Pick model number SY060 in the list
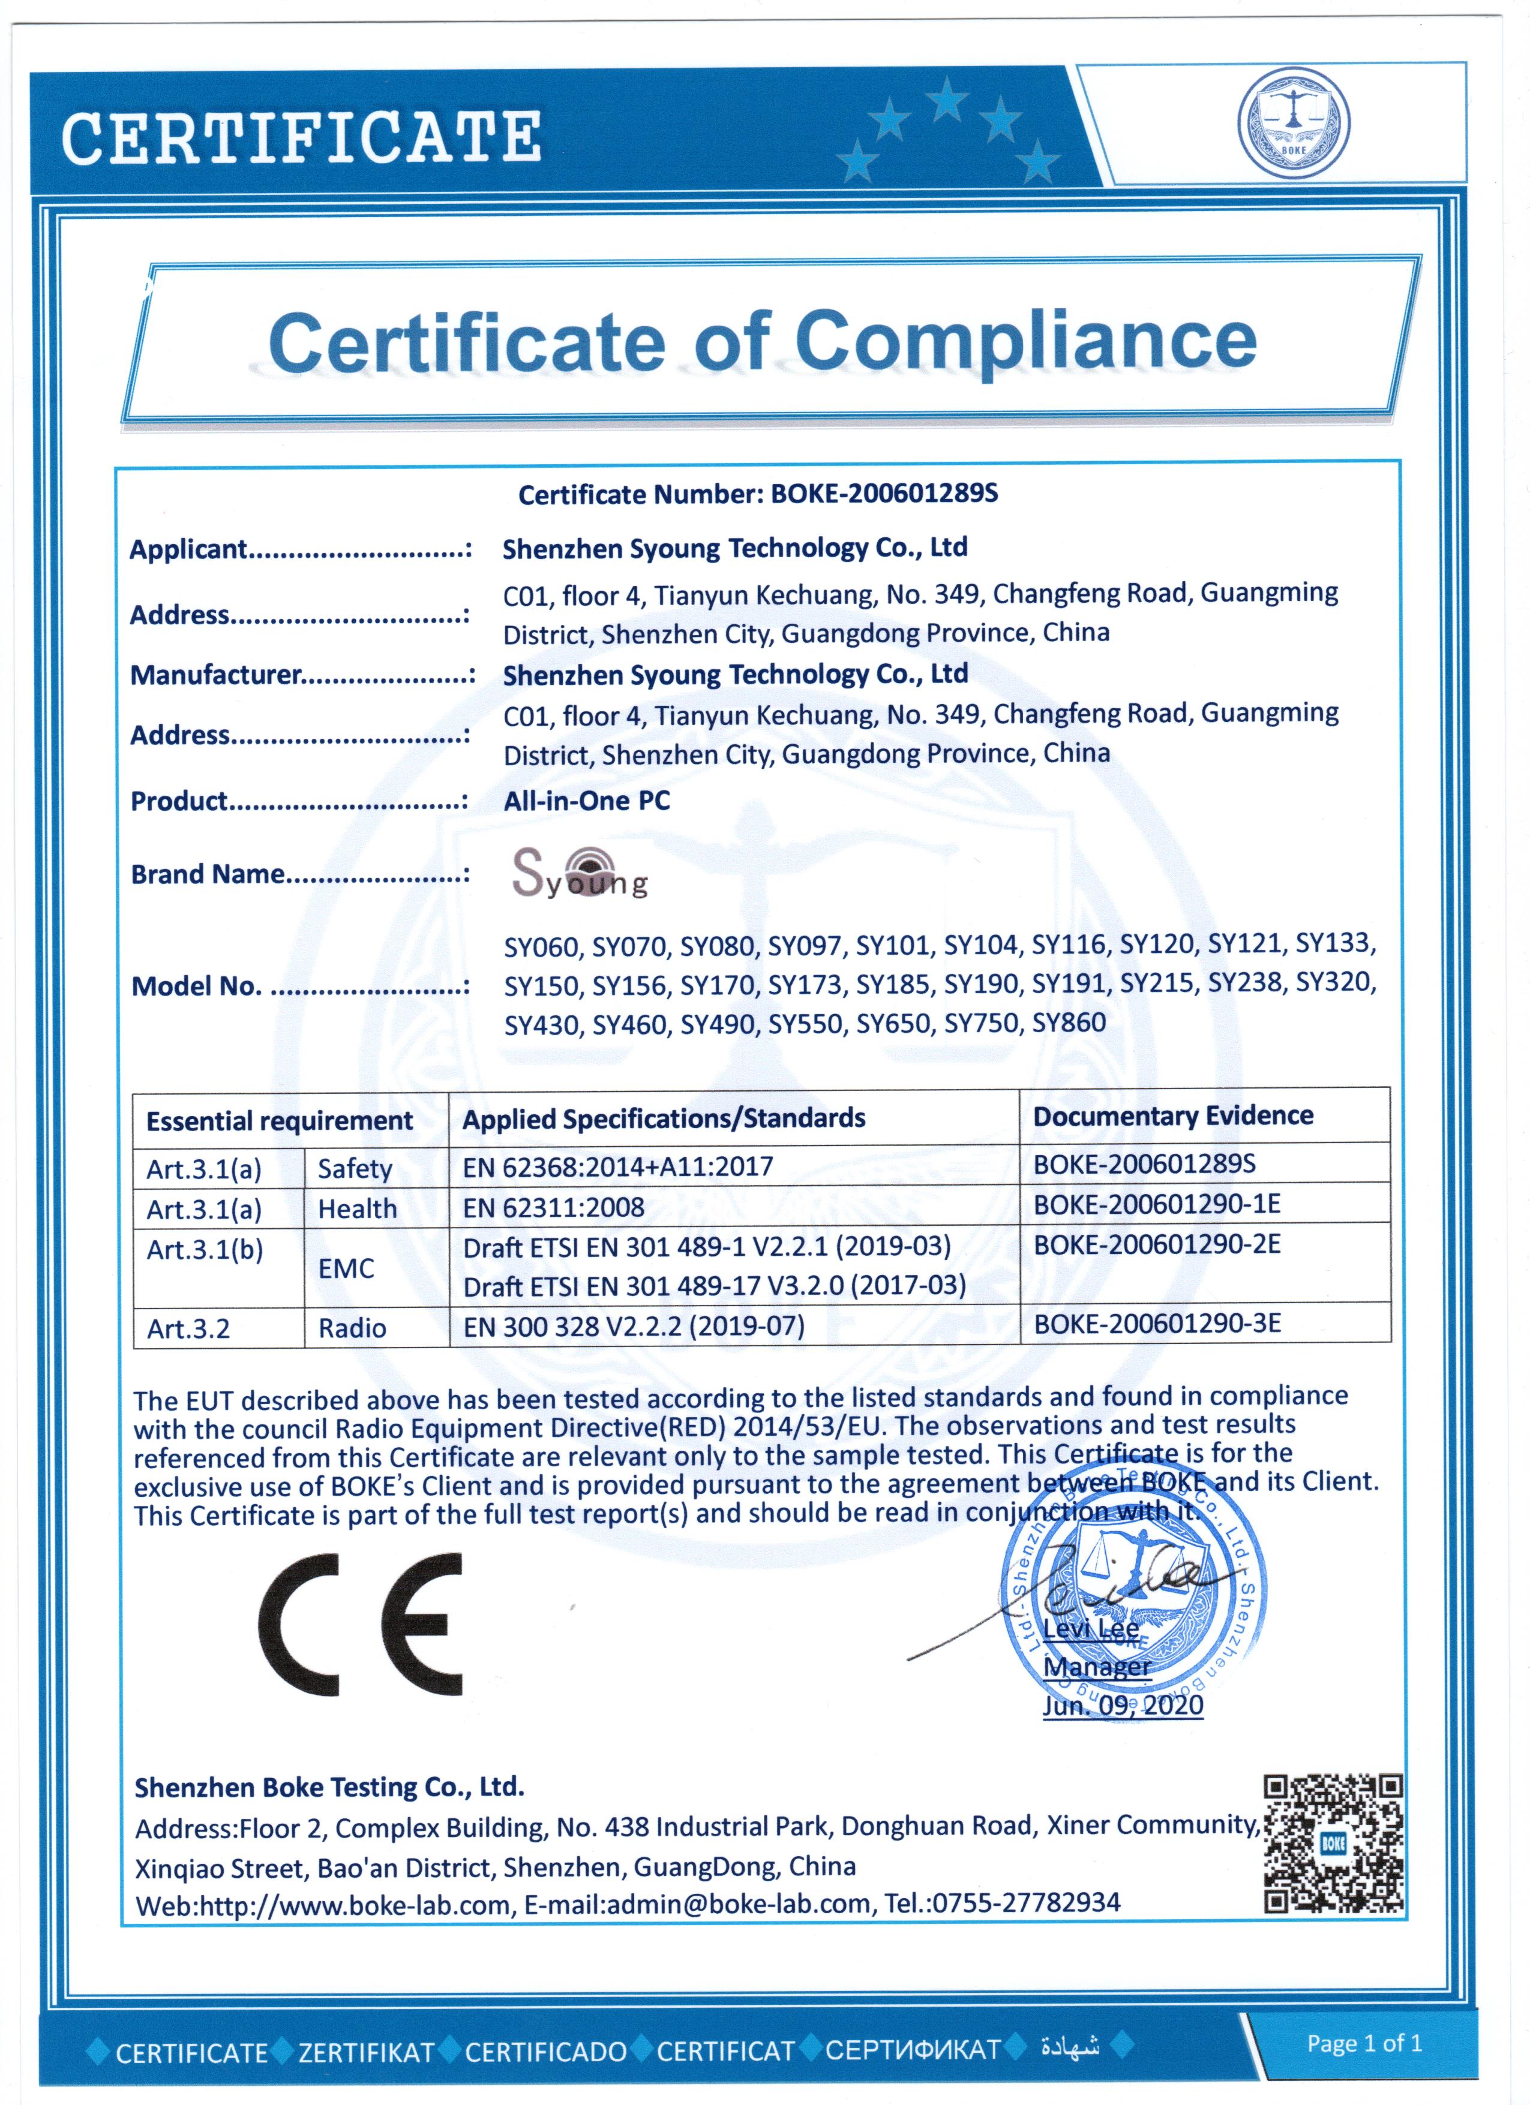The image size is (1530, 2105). [x=541, y=947]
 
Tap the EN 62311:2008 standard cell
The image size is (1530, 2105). [x=553, y=1207]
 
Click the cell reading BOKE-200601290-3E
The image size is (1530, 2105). [x=1157, y=1324]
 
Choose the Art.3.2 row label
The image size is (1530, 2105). [x=188, y=1329]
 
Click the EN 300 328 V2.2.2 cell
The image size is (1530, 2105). [x=633, y=1327]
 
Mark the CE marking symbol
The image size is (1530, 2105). [x=360, y=1624]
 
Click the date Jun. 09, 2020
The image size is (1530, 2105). [x=1123, y=1705]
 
